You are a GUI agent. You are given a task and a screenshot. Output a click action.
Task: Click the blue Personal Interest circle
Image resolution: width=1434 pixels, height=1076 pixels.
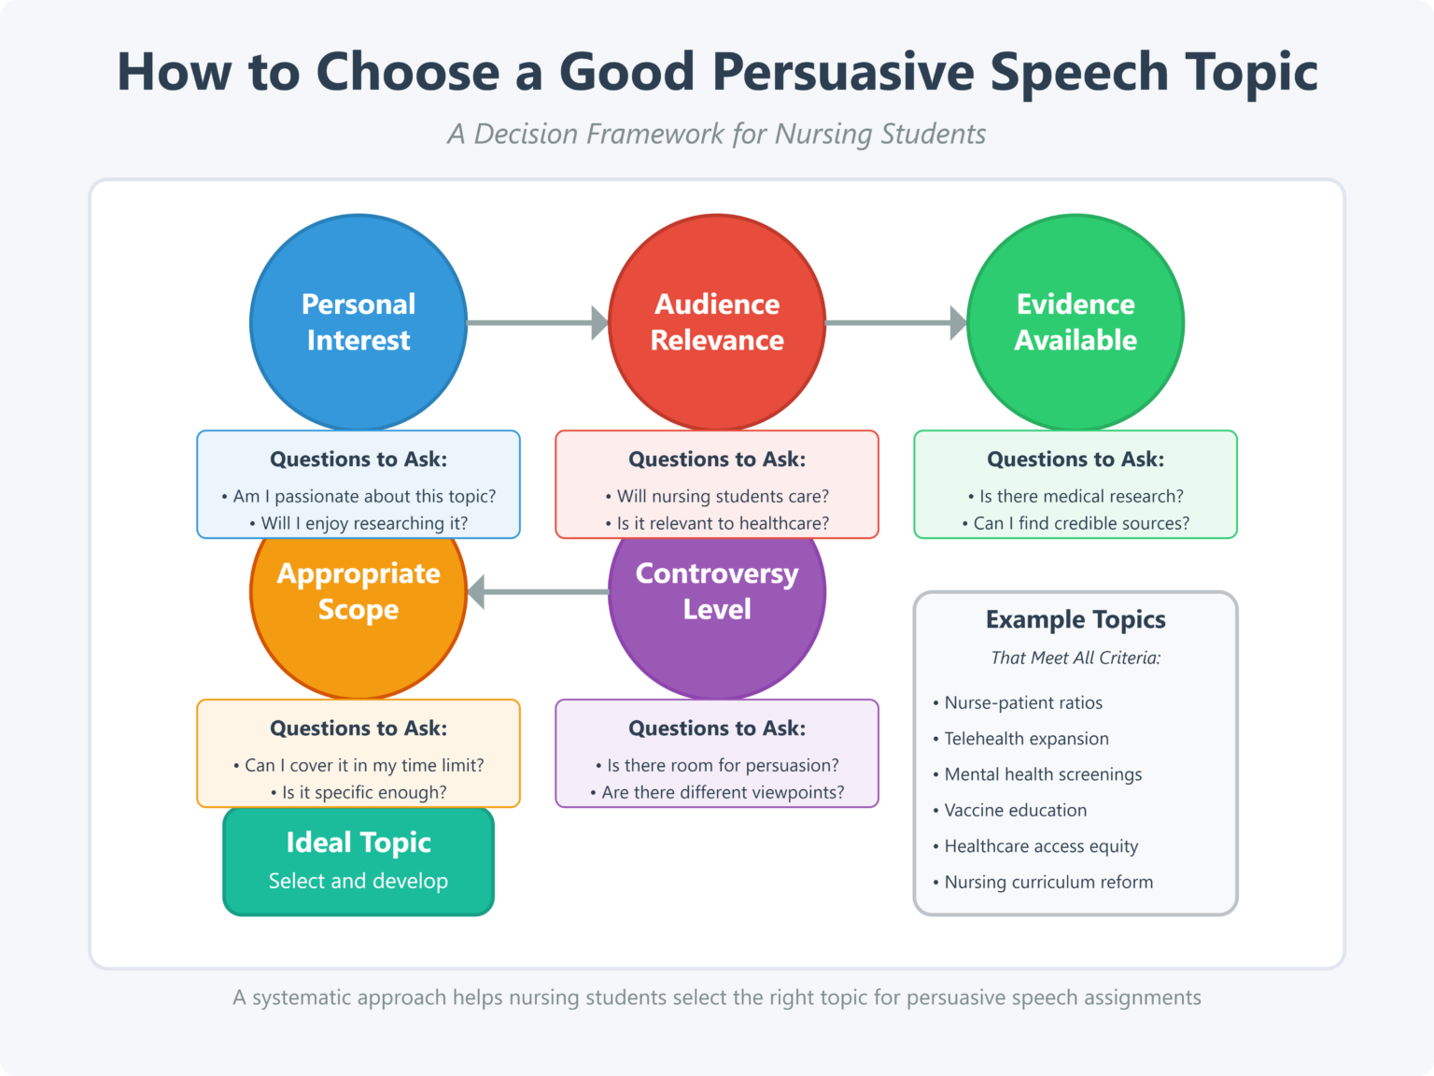tap(358, 322)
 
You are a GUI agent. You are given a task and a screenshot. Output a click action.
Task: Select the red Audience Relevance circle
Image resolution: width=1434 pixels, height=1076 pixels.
tap(717, 322)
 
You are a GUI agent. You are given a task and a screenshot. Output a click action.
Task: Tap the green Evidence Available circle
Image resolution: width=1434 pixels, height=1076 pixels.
tap(1075, 322)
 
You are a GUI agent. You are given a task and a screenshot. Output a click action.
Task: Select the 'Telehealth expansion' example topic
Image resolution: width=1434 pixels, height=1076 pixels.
tap(1026, 739)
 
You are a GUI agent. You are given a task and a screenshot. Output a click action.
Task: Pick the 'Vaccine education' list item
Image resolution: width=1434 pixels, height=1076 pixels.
tap(1015, 811)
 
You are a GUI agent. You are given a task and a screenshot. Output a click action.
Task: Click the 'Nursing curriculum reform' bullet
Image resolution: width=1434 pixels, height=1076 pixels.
tap(1047, 882)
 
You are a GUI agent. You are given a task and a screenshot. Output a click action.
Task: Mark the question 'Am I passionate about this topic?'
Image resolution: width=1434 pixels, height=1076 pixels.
tap(364, 496)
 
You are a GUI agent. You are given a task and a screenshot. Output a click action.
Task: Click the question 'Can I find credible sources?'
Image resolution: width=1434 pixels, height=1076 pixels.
tap(1081, 523)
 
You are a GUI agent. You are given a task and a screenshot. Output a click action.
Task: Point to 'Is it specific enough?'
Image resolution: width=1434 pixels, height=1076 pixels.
tap(364, 792)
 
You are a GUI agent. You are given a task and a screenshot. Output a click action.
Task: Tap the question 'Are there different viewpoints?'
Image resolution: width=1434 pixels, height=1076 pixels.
tap(723, 792)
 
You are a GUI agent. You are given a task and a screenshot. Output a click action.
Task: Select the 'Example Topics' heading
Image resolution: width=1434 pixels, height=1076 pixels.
tap(1075, 619)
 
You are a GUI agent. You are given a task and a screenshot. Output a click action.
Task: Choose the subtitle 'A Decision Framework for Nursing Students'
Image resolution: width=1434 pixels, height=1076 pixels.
tap(717, 134)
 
